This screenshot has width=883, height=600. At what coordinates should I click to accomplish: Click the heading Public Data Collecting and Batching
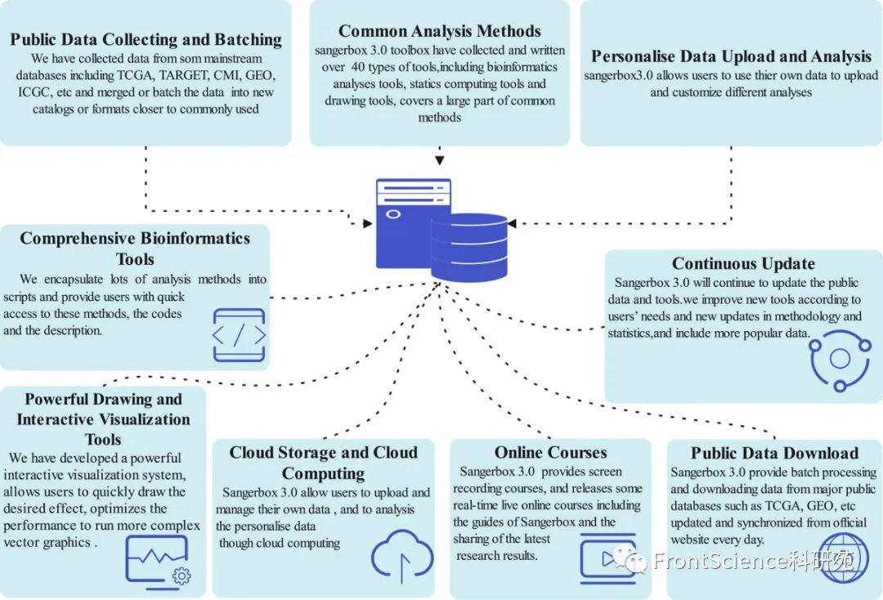pos(146,39)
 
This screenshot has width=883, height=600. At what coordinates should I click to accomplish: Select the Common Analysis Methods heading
pos(439,31)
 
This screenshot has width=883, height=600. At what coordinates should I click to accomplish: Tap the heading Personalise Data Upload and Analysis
pos(731,56)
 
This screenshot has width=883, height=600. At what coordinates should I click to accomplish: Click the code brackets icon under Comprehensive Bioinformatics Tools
pos(239,335)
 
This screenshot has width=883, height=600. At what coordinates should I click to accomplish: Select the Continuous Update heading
pos(743,263)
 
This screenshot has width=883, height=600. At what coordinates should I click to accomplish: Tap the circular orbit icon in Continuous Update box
pos(839,358)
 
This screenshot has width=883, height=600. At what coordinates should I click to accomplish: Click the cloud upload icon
pos(401,557)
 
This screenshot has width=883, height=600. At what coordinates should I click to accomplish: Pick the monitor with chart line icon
pos(159,563)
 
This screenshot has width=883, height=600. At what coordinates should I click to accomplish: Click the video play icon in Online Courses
pos(607,557)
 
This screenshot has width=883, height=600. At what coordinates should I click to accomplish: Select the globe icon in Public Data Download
pos(842,557)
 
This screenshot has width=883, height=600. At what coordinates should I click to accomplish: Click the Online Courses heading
pos(550,452)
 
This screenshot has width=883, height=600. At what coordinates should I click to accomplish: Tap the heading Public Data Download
pos(773,453)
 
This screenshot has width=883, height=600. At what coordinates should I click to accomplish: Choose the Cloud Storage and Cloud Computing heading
pos(323,463)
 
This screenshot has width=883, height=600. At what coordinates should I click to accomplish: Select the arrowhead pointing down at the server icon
pos(440,160)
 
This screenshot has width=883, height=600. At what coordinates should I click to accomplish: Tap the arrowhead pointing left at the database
pos(513,223)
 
